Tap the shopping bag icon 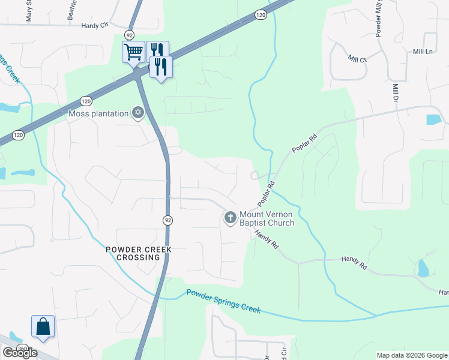click(43, 326)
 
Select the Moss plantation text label click(99, 113)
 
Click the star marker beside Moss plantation click(138, 113)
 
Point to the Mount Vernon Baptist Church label click(267, 218)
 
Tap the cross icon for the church click(230, 218)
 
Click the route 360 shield click(23, 349)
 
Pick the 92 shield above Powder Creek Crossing click(167, 220)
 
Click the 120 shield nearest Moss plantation click(86, 101)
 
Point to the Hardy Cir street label click(94, 26)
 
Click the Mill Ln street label click(423, 52)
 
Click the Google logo click(20, 353)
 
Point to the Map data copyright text click(412, 355)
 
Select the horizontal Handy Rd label click(354, 259)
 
